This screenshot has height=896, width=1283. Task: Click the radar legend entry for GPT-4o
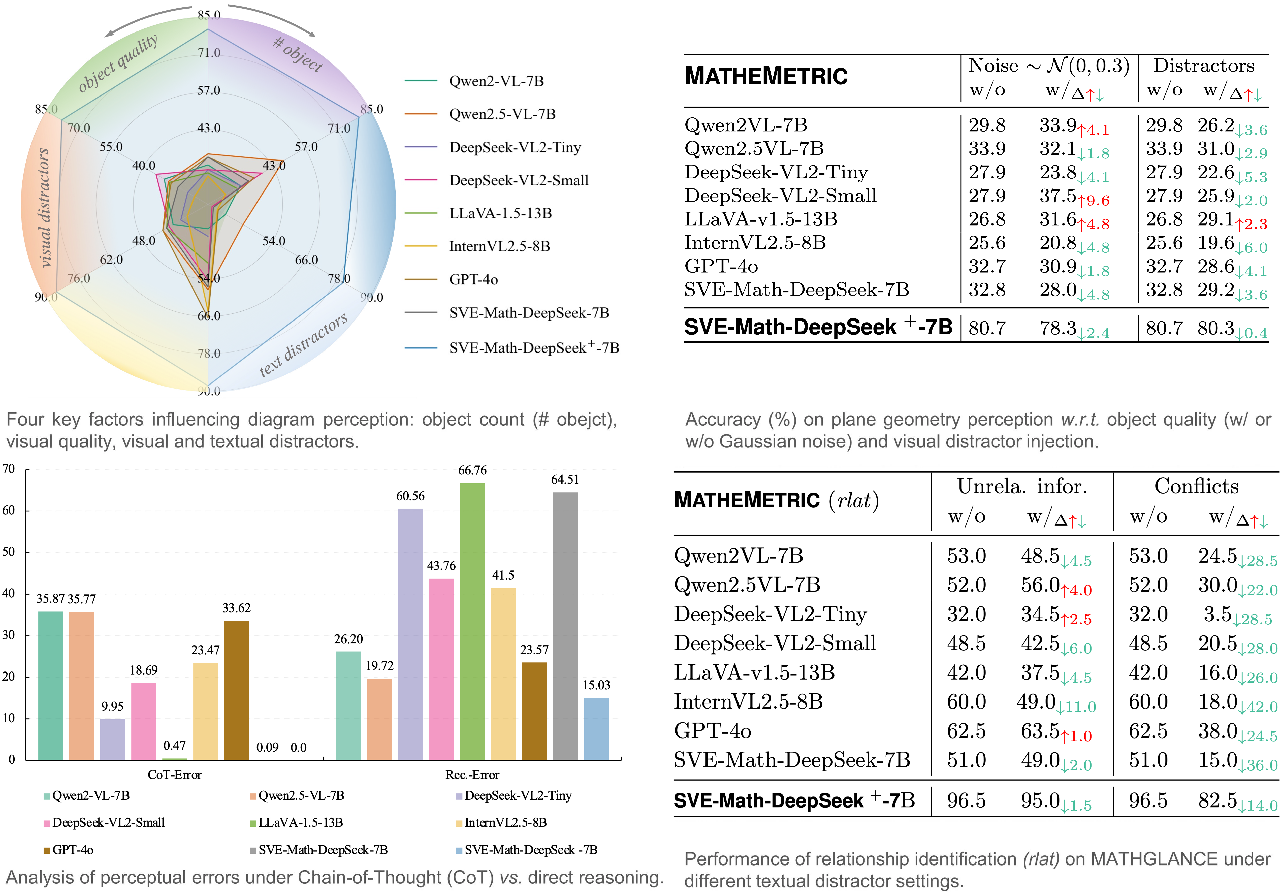(x=473, y=279)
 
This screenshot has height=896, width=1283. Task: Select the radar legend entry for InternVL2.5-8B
(x=499, y=246)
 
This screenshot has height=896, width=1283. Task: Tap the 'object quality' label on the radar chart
(x=117, y=62)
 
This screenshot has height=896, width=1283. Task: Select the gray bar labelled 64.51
(x=565, y=626)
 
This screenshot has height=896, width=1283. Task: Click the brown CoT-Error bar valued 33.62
(x=236, y=690)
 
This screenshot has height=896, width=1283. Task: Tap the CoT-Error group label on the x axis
(x=174, y=775)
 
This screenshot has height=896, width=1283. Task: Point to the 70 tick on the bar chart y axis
(x=9, y=469)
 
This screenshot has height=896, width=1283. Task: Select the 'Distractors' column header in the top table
(x=1204, y=66)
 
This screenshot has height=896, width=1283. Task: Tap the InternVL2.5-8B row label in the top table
(x=755, y=243)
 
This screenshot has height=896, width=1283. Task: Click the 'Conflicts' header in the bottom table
(x=1196, y=486)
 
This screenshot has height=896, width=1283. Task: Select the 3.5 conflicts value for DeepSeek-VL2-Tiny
(x=1217, y=614)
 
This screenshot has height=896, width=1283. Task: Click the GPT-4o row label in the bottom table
(x=713, y=731)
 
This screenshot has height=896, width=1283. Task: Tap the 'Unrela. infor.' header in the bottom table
(x=1022, y=486)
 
